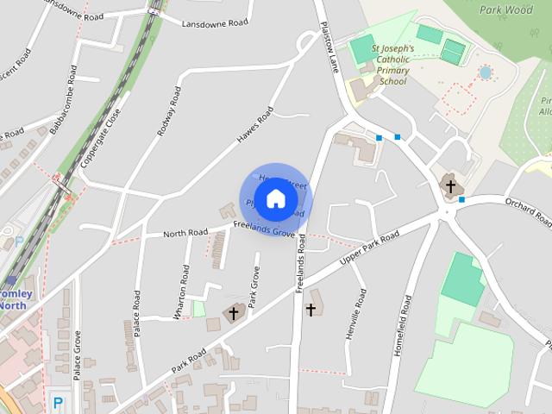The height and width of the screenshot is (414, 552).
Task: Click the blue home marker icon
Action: click(x=275, y=198)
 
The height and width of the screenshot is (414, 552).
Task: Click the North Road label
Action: click(x=185, y=233)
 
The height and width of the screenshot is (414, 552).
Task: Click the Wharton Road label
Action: click(x=181, y=292)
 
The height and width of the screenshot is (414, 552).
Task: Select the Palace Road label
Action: click(x=136, y=314)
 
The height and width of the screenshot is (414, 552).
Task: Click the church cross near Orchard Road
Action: click(x=449, y=184)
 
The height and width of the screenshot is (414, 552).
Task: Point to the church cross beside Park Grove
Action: click(x=234, y=313)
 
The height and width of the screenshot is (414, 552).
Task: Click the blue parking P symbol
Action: click(x=58, y=402)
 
